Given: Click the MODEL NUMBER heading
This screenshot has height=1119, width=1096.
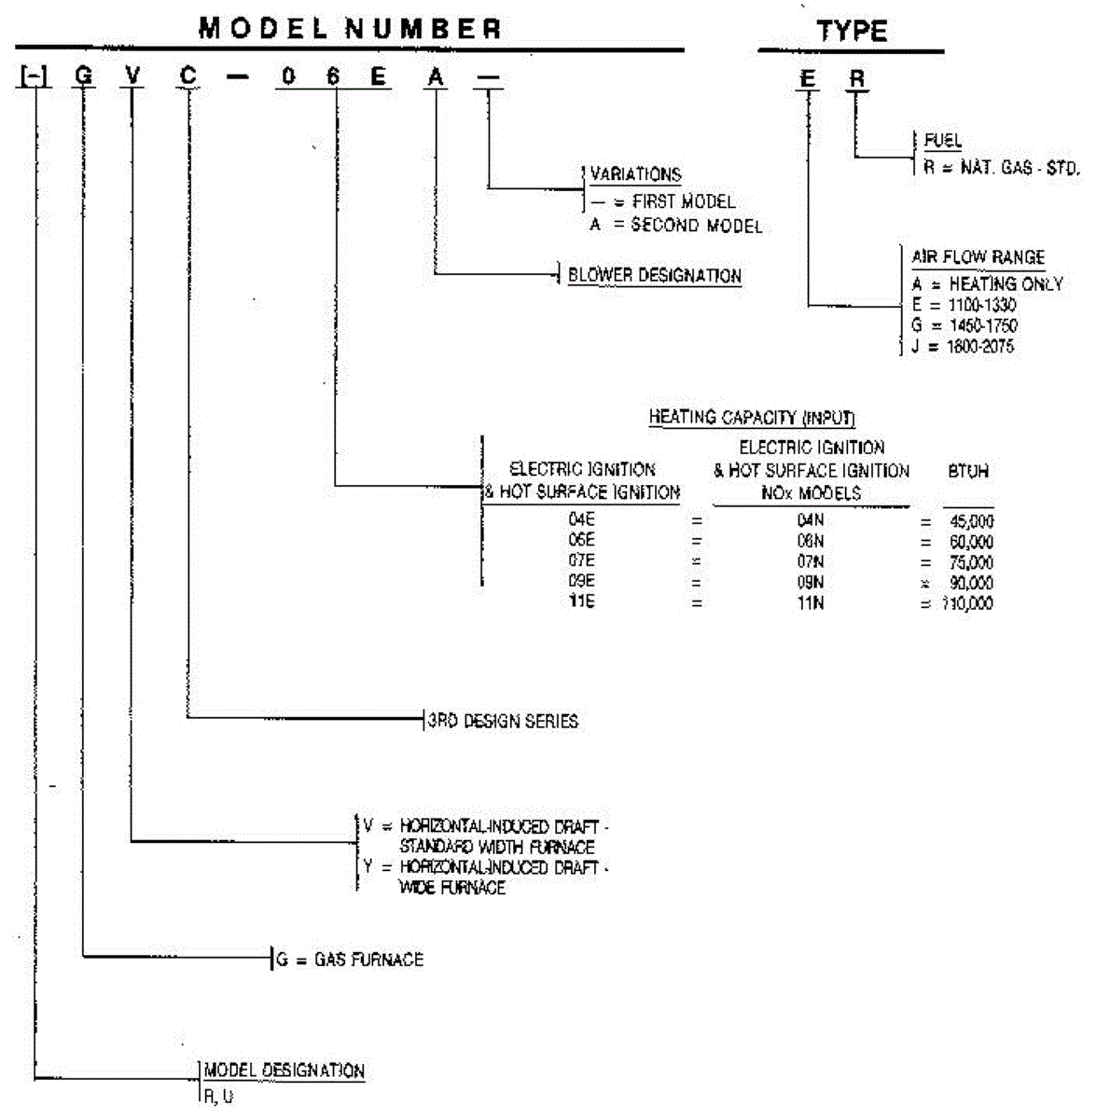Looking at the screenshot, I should (350, 29).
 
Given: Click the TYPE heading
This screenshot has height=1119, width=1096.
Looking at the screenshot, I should (852, 32).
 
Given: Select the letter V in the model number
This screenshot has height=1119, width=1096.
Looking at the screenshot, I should (133, 76).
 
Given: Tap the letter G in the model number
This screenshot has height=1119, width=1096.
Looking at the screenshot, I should (84, 76).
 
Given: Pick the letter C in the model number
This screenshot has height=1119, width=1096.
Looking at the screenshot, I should (188, 76).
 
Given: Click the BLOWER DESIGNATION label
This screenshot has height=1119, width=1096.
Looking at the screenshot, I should (654, 276).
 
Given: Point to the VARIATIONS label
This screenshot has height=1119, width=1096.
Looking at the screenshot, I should (635, 174).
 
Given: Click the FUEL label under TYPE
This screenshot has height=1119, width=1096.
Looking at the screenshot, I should (942, 141).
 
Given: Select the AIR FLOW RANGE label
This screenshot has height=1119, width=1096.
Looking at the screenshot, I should (978, 257).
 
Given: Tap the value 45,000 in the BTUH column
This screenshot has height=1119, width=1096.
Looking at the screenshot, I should (971, 521).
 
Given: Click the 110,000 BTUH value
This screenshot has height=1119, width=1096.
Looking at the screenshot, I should (969, 603).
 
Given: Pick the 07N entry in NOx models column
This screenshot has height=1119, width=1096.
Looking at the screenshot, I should (811, 562).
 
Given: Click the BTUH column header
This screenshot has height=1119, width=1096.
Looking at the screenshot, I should (967, 472).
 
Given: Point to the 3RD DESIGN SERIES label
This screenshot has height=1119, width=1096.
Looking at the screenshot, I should (503, 721).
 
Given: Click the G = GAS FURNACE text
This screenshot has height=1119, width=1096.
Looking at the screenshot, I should (350, 960).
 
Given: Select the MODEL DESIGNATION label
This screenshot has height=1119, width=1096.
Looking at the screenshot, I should (284, 1071).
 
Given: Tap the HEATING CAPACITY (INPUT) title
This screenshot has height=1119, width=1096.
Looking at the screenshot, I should (752, 418).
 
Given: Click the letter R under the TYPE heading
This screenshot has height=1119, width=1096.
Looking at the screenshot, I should (856, 80).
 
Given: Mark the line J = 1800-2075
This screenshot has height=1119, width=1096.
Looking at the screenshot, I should (963, 347).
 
